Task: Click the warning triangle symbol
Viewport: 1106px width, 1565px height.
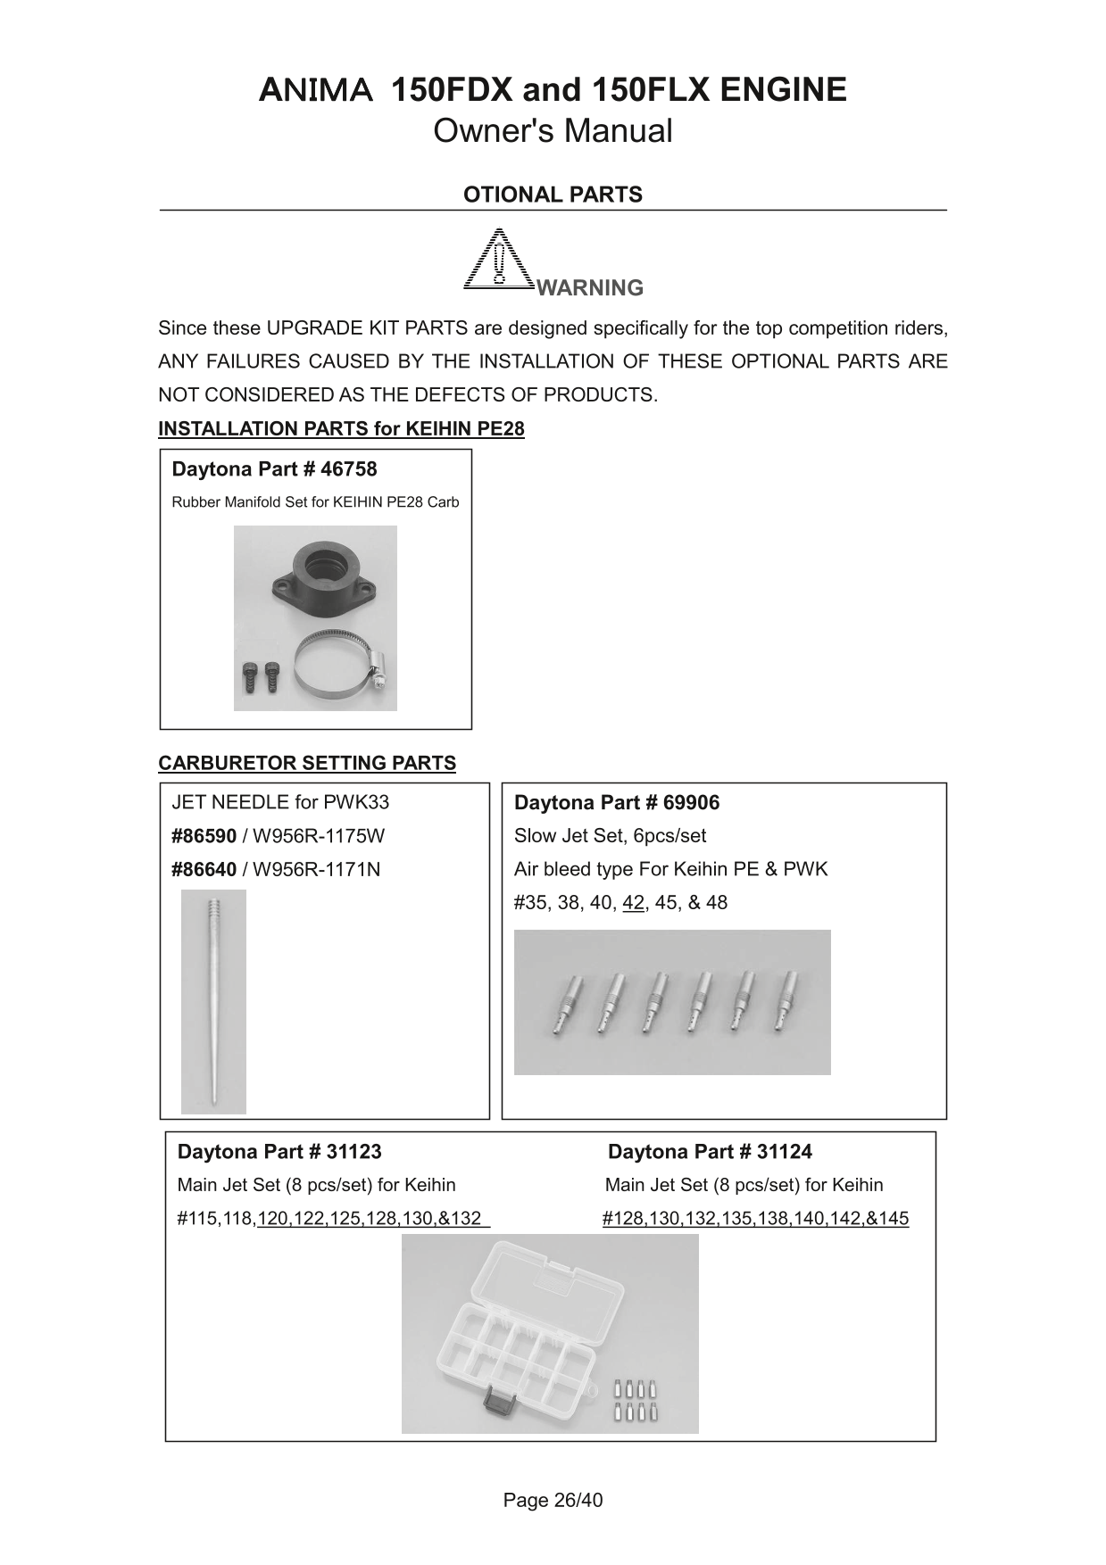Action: [499, 260]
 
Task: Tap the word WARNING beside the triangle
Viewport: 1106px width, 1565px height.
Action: [590, 288]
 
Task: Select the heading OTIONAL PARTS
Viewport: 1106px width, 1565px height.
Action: [553, 195]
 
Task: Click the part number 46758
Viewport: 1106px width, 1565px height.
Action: [349, 469]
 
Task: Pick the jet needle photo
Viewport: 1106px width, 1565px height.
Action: [213, 1001]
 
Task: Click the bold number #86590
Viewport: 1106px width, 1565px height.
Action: [204, 836]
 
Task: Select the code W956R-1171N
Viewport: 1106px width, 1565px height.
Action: [316, 869]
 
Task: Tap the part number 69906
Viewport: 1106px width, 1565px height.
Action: [691, 803]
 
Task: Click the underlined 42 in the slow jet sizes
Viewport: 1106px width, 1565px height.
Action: [633, 903]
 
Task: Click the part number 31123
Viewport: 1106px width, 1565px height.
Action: [353, 1152]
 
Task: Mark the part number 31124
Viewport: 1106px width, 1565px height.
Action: [784, 1152]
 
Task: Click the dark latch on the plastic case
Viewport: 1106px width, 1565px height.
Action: [495, 1404]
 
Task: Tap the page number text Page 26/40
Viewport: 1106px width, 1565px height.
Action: [553, 1501]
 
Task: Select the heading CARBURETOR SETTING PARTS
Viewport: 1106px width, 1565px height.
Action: [307, 764]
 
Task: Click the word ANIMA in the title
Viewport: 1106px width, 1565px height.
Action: [315, 91]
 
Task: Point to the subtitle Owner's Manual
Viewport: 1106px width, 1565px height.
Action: [553, 131]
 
